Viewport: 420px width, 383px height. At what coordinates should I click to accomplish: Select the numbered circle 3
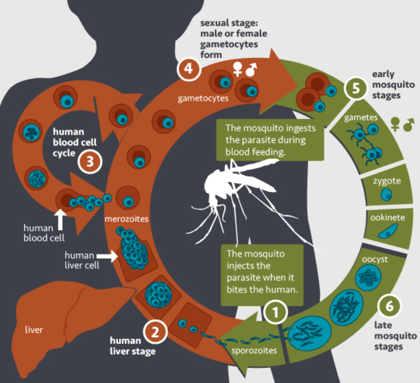pyautogui.click(x=89, y=161)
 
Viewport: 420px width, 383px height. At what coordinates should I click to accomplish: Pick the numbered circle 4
pyautogui.click(x=188, y=70)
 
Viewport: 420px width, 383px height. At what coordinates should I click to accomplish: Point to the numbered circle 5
pyautogui.click(x=356, y=88)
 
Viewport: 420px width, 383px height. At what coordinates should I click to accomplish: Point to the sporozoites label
pyautogui.click(x=254, y=351)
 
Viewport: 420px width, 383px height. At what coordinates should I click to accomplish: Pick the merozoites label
pyautogui.click(x=126, y=218)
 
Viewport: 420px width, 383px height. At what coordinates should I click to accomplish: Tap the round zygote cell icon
pyautogui.click(x=386, y=195)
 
